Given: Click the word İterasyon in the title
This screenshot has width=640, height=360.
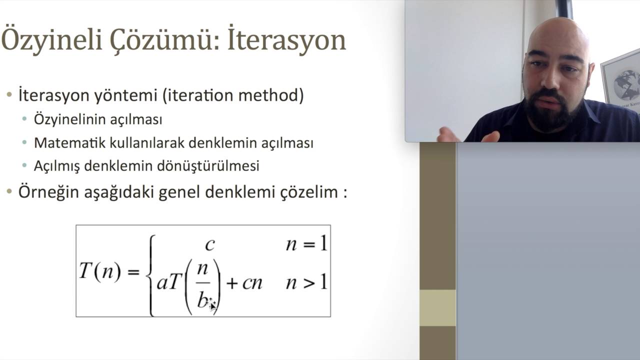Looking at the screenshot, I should (286, 40).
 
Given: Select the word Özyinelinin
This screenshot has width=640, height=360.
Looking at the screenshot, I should (69, 120).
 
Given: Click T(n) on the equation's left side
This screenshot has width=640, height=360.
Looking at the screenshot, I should (100, 271).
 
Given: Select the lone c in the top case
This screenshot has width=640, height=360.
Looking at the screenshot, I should (210, 244).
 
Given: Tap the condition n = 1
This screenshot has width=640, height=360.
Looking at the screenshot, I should (306, 244).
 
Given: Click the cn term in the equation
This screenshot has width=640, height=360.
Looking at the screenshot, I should (252, 283).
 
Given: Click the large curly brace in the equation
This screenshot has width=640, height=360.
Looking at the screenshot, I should (149, 275).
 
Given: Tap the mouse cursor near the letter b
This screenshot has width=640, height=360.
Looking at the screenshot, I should (212, 304).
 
